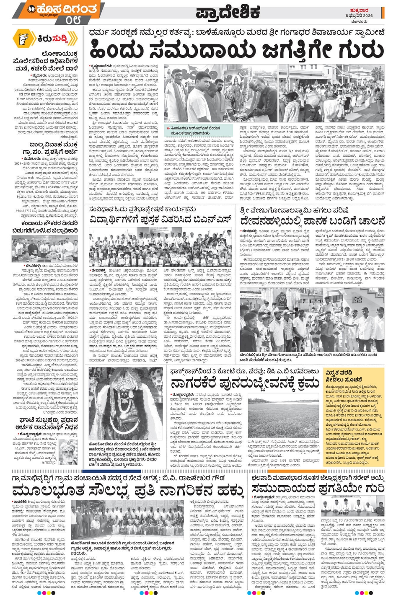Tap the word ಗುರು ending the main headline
(x=360, y=49)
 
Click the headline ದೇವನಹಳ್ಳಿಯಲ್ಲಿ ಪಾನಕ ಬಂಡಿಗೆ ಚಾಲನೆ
(x=312, y=220)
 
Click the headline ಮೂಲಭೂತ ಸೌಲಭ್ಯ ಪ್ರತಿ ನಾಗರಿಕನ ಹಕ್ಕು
(x=128, y=489)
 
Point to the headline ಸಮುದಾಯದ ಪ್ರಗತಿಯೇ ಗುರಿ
(x=318, y=488)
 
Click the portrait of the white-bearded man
(x=68, y=452)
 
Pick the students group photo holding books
(x=160, y=247)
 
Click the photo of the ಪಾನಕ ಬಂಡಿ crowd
(x=312, y=319)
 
